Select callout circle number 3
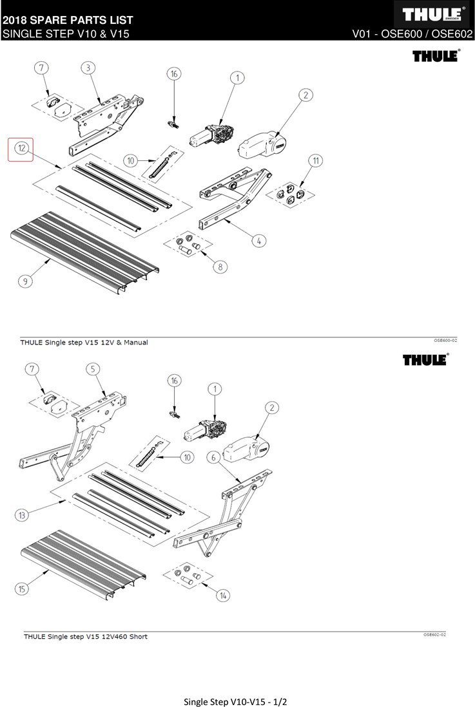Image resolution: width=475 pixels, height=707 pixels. tap(88, 68)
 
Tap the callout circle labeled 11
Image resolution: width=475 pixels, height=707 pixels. tap(315, 160)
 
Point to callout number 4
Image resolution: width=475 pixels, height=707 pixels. tap(258, 241)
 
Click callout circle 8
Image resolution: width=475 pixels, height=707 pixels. tap(221, 267)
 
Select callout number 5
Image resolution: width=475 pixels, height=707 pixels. tap(94, 369)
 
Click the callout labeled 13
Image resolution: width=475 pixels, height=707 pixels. tap(23, 515)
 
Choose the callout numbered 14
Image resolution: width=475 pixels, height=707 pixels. tap(222, 596)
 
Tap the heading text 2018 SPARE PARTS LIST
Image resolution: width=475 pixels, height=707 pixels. tap(68, 21)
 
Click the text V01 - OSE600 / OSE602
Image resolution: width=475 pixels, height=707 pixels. tap(412, 33)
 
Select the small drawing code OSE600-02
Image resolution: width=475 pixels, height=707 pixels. tap(445, 339)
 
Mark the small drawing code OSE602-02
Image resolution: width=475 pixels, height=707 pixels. tap(435, 634)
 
